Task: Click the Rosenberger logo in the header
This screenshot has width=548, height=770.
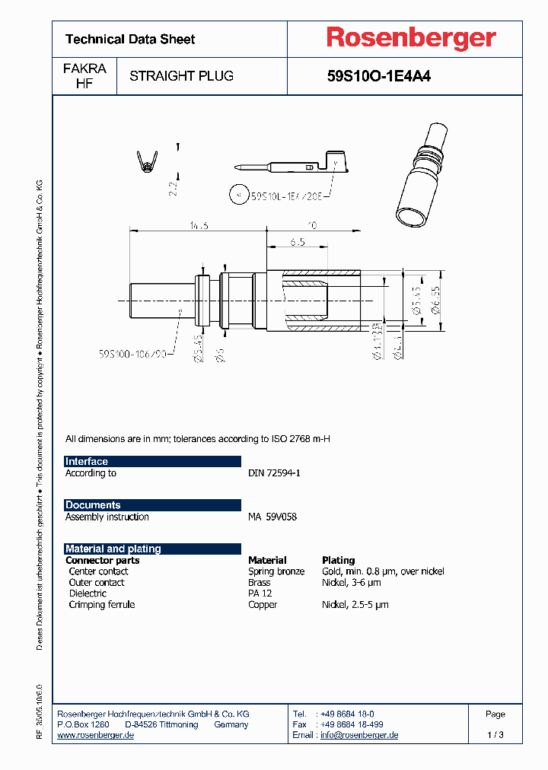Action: point(411,38)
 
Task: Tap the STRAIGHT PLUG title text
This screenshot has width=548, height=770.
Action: point(181,76)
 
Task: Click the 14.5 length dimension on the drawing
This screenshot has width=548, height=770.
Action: point(199,225)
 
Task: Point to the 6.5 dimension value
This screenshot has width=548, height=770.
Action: point(298,241)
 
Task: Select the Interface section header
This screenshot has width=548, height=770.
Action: point(87,462)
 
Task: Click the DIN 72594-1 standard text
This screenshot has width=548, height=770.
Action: point(274,473)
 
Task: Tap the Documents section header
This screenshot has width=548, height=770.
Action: point(93,505)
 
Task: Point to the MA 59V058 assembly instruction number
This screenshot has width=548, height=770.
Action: point(272,517)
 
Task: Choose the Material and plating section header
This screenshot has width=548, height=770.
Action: point(113,549)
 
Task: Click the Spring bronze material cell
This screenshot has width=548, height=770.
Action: point(276,571)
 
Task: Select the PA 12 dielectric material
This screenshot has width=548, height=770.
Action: point(260,593)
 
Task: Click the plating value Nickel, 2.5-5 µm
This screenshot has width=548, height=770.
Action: point(355,605)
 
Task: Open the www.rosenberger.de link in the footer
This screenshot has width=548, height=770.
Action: point(96,735)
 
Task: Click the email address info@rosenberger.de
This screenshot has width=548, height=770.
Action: point(359,735)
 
